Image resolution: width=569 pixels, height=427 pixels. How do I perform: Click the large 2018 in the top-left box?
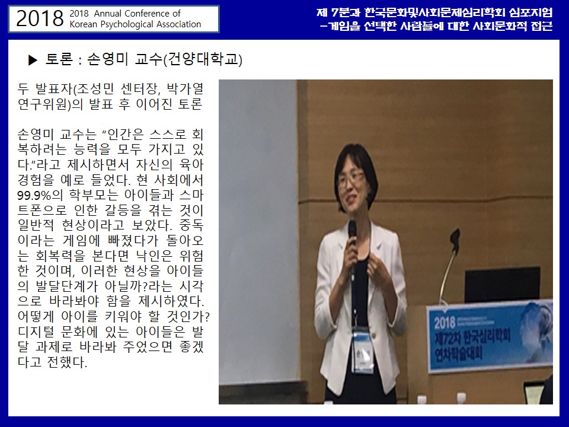pos(40,18)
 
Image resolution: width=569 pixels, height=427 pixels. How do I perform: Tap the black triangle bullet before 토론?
pos(33,60)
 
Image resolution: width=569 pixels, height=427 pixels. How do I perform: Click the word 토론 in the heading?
pos(59,59)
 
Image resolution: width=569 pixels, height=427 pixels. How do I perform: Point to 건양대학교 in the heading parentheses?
pos(203,59)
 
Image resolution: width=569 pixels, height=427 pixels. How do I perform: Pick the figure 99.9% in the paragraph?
pos(34,195)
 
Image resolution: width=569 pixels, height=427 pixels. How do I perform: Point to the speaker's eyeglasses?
pos(350,178)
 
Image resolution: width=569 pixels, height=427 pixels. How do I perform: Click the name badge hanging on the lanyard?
pos(363,350)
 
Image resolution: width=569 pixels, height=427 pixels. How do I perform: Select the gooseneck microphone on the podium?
pos(449,265)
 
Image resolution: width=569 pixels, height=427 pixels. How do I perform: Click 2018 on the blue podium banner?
pos(445,323)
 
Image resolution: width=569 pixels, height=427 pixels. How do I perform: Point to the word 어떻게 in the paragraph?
pos(36,317)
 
